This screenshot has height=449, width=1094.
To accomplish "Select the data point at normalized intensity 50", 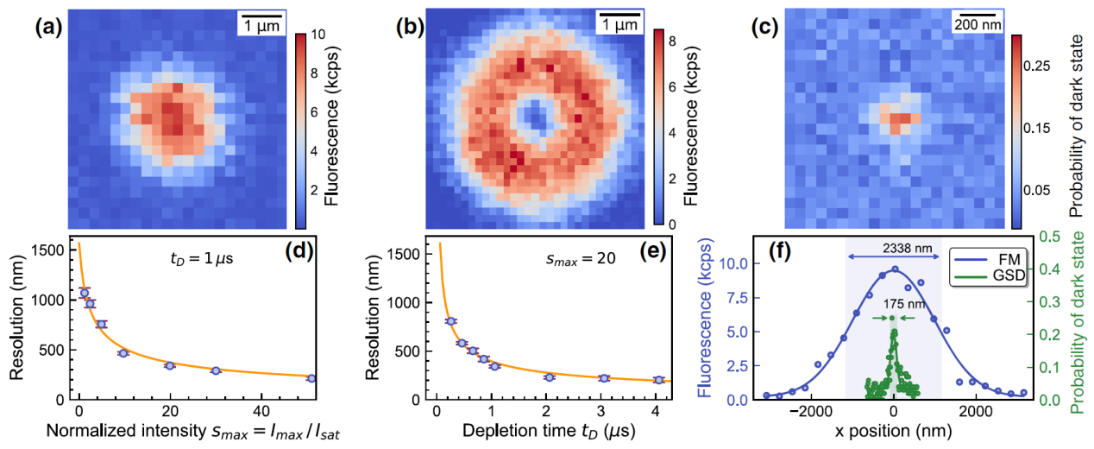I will (311, 378).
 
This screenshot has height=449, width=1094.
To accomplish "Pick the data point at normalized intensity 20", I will (170, 365).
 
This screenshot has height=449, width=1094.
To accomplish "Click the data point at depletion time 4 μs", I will (658, 379).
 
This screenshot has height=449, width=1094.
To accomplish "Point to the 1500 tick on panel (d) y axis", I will (51, 250).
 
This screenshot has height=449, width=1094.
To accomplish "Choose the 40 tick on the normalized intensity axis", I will (264, 412).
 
